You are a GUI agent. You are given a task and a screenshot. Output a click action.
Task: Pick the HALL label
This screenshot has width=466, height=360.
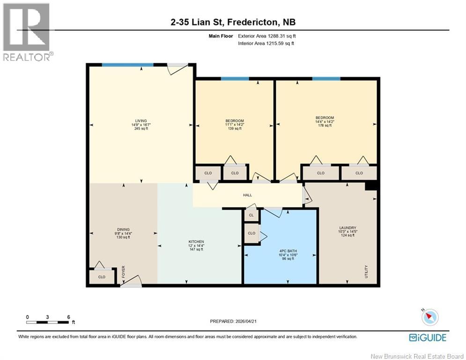pyautogui.click(x=247, y=195)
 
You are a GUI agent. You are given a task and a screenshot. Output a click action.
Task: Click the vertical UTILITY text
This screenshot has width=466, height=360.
pyautogui.click(x=367, y=271)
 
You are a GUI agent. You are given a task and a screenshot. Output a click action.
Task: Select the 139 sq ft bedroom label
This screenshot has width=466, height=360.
pyautogui.click(x=235, y=125)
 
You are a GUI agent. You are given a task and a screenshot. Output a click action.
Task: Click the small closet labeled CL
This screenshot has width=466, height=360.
pyautogui.click(x=251, y=216)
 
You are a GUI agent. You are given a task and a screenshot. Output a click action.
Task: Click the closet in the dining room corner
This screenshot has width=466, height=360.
pyautogui.click(x=102, y=277)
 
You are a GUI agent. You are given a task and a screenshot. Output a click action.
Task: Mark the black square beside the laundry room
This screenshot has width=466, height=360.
pyautogui.click(x=371, y=186)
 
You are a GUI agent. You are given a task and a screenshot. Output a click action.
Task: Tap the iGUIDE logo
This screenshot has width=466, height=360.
pyautogui.click(x=428, y=337)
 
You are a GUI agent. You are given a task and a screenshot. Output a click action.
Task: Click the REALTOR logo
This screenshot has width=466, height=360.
pyautogui.click(x=27, y=32)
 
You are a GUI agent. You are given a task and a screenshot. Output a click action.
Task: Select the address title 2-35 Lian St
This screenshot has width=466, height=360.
pyautogui.click(x=233, y=22)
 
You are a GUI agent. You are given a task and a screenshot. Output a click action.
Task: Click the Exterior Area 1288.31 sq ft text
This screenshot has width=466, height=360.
pyautogui.click(x=267, y=36)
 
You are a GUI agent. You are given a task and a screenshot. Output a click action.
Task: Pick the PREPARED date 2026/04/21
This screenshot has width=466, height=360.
pyautogui.click(x=233, y=321)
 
